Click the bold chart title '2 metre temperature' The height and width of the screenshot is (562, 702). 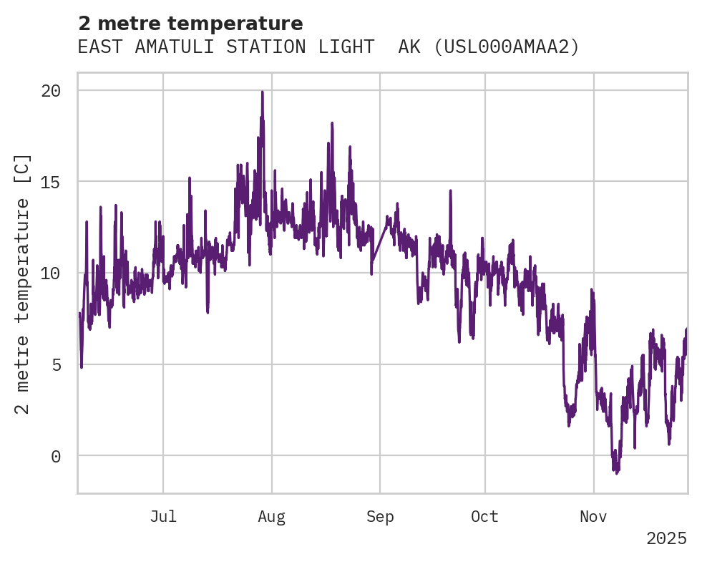point(190,24)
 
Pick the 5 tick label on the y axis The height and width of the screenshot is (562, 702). point(56,364)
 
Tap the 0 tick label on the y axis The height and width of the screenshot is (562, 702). point(56,456)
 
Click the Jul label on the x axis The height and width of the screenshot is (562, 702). point(163,517)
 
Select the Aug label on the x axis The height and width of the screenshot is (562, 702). point(272,517)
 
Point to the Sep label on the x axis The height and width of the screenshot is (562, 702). point(380,517)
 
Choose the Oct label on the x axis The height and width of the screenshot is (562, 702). point(484,517)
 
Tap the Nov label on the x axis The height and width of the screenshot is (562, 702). point(593,517)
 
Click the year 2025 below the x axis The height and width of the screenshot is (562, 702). point(666,538)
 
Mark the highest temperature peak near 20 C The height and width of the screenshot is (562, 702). point(263,92)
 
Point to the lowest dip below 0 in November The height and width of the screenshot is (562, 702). point(615,472)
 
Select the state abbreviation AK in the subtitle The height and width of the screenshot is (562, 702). point(409,47)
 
